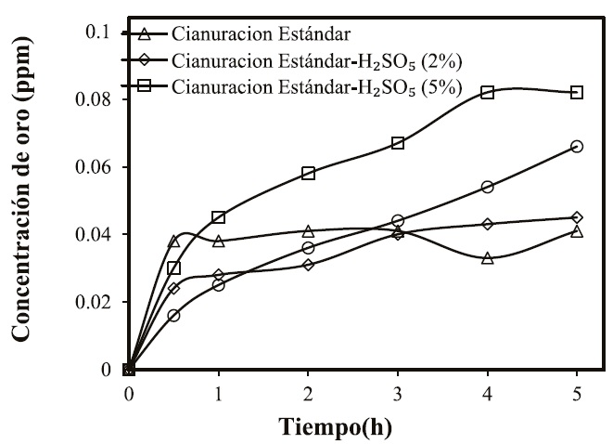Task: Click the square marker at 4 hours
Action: click(487, 93)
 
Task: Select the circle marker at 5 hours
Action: click(576, 147)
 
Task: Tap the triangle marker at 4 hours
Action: click(487, 258)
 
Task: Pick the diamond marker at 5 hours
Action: click(576, 218)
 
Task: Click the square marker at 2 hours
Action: click(308, 174)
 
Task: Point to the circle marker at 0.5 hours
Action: click(173, 316)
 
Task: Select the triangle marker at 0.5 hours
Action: click(173, 242)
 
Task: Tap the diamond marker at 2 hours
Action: click(308, 265)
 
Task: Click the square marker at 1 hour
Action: click(219, 217)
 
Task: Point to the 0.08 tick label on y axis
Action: click(95, 100)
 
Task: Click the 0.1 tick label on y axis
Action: click(98, 33)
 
